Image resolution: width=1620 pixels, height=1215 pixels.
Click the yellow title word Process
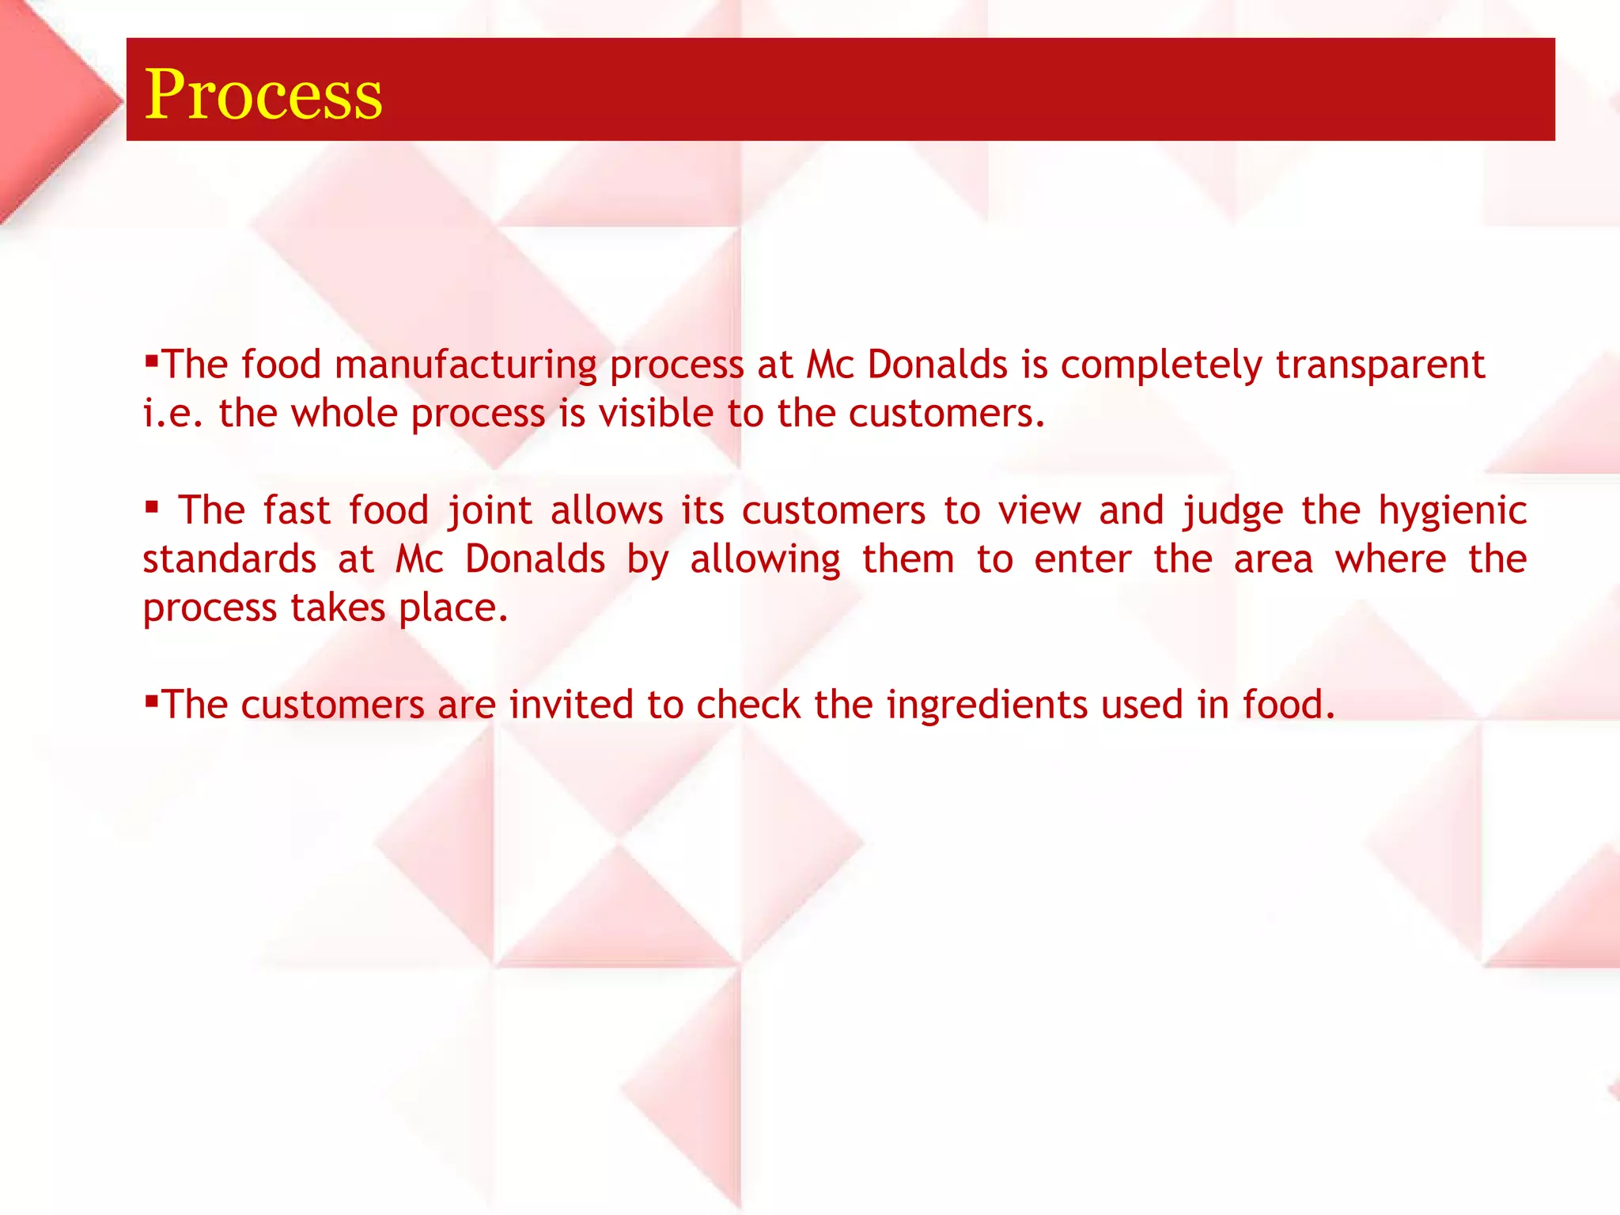pyautogui.click(x=263, y=94)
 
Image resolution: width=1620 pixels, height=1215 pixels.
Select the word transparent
pyautogui.click(x=1380, y=365)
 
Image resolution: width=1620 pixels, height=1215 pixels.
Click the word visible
pyautogui.click(x=656, y=414)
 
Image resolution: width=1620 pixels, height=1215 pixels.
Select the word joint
pyautogui.click(x=490, y=510)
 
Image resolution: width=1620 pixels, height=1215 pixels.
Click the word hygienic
pyautogui.click(x=1452, y=510)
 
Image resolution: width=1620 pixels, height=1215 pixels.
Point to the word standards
pyautogui.click(x=229, y=559)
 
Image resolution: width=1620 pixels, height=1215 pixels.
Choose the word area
pyautogui.click(x=1274, y=559)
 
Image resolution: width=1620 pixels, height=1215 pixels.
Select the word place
pyautogui.click(x=452, y=608)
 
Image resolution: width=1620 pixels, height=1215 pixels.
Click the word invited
pyautogui.click(x=571, y=705)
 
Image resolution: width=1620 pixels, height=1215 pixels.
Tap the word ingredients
pyautogui.click(x=986, y=705)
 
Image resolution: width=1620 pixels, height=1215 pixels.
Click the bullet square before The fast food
pyautogui.click(x=152, y=505)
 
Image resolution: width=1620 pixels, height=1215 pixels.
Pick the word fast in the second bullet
pyautogui.click(x=297, y=510)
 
